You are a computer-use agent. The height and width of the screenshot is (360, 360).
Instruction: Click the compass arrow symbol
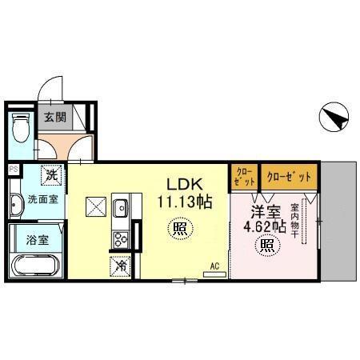point(334,119)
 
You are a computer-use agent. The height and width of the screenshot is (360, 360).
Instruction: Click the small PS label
point(13,169)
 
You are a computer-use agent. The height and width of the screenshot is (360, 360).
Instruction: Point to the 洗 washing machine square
point(51,174)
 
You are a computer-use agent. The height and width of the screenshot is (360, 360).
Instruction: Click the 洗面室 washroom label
point(42,199)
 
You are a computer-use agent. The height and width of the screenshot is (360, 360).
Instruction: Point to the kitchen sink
point(122,206)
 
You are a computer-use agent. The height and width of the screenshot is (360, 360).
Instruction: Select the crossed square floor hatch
point(96,206)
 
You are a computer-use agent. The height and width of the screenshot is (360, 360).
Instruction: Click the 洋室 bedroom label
point(265,212)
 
